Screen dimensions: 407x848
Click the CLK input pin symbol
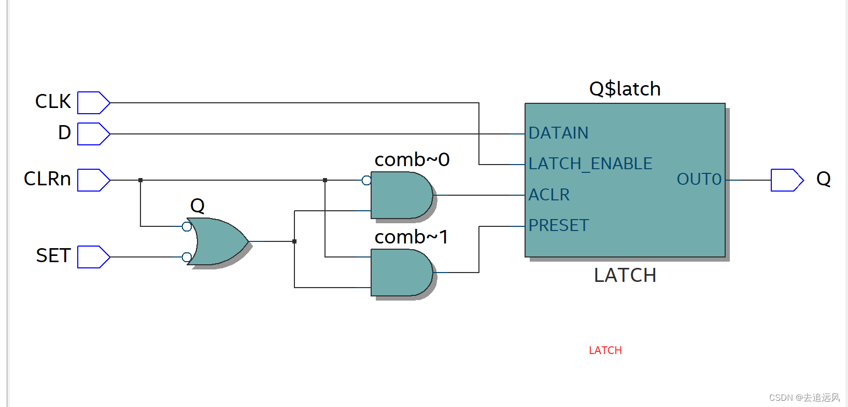click(93, 103)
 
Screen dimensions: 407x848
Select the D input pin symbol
click(93, 134)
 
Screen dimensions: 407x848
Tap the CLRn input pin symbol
click(93, 180)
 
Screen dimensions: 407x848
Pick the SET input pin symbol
click(93, 257)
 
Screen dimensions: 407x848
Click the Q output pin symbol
click(786, 180)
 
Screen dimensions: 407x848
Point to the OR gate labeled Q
click(217, 241)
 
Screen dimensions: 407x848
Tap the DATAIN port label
click(558, 133)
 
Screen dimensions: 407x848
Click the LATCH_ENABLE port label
click(590, 164)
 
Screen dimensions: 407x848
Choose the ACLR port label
click(549, 195)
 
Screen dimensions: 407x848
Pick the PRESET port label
click(558, 226)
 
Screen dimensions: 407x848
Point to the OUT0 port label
click(699, 180)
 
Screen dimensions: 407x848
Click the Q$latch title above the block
click(625, 89)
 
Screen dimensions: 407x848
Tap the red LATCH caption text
click(605, 350)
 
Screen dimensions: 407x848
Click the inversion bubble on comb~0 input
click(366, 181)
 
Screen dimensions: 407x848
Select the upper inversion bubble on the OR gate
click(187, 226)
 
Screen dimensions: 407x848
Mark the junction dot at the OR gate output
click(294, 241)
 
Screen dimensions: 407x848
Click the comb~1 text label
click(411, 237)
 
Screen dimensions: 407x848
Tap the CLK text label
click(53, 102)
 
